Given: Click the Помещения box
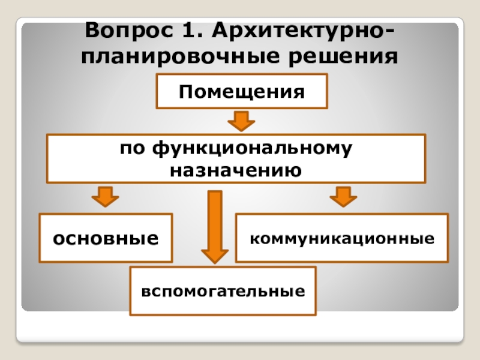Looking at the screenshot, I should (x=242, y=92).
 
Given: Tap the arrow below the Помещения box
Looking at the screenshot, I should (x=241, y=121).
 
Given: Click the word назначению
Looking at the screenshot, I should (x=235, y=170).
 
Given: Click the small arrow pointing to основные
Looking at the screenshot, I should (x=106, y=196).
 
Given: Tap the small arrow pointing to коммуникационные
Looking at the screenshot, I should (x=343, y=196).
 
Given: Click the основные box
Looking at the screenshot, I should (x=106, y=238).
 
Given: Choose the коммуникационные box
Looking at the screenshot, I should (x=342, y=238).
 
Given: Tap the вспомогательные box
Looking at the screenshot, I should (x=223, y=292).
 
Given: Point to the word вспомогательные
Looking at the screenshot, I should (x=223, y=292).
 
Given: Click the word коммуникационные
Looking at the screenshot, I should (x=342, y=238).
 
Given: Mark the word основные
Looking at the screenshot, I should (x=106, y=238).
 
